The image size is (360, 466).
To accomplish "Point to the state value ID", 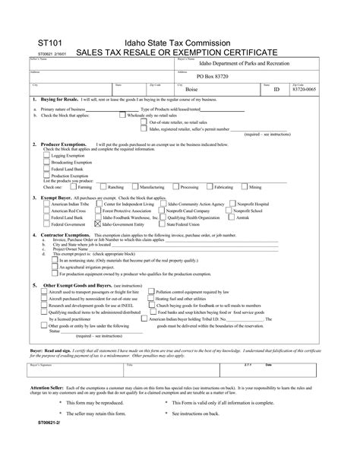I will [x=276, y=90].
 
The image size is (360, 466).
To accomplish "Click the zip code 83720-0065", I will [x=305, y=90].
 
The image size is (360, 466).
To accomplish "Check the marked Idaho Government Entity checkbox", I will [x=96, y=224].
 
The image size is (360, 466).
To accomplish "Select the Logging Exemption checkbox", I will [x=46, y=155].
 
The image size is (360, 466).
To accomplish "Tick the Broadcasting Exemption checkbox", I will [x=46, y=162].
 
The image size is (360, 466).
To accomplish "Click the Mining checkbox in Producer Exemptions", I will [x=244, y=186].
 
